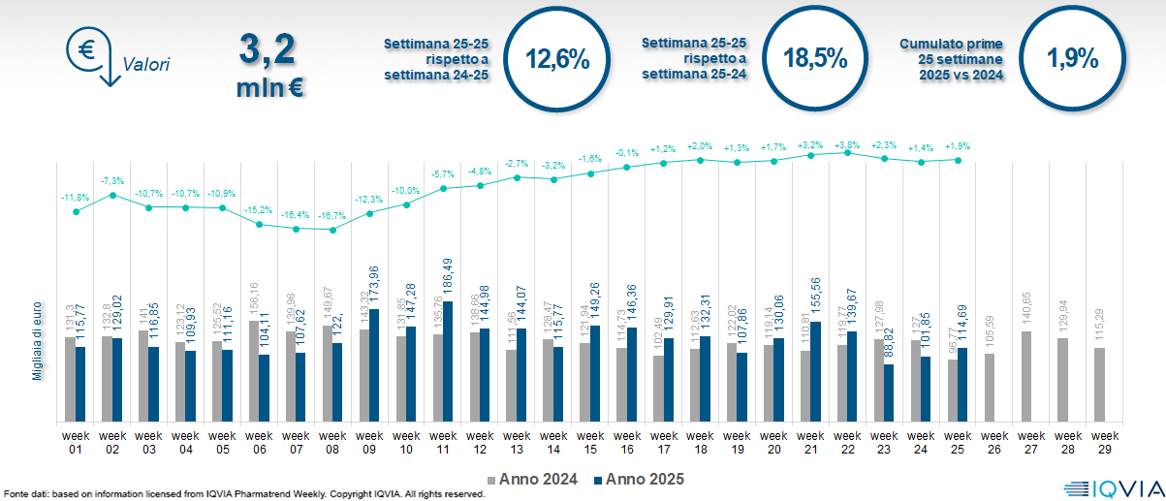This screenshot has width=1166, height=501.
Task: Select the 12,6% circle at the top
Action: [x=557, y=57]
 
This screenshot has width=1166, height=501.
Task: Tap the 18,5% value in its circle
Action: [x=815, y=58]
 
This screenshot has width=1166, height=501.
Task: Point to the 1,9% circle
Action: [x=1072, y=58]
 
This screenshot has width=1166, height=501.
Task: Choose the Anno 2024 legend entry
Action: [x=538, y=479]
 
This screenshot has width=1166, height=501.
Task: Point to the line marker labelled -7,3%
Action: [x=113, y=195]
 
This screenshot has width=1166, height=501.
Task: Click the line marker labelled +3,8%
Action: [x=848, y=152]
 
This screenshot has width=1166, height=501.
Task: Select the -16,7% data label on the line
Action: [x=332, y=215]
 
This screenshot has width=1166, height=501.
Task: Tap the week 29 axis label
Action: [x=1100, y=441]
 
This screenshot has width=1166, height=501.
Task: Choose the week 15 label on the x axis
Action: [x=590, y=441]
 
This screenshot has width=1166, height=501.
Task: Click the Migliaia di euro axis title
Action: [x=39, y=338]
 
